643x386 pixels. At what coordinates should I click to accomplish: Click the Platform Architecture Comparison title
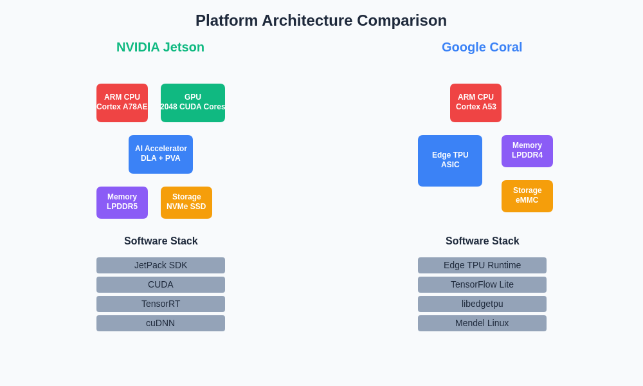click(321, 21)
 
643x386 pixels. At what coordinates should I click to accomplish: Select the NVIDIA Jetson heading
click(160, 47)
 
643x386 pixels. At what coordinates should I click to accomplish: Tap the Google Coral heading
click(482, 47)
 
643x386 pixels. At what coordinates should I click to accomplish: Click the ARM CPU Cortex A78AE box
click(122, 103)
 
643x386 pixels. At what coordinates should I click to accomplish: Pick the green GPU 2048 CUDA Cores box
click(193, 103)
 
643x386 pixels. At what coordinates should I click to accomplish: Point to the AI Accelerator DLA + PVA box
click(161, 154)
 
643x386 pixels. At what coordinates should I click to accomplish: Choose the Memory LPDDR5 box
click(122, 203)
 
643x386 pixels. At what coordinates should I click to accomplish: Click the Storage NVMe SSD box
click(186, 203)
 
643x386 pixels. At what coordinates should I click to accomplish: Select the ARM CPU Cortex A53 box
click(476, 103)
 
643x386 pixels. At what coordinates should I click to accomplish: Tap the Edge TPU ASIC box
click(450, 161)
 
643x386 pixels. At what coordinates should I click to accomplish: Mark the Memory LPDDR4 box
click(527, 151)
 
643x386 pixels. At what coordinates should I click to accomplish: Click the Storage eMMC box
click(527, 196)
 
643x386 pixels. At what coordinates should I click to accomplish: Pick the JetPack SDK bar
click(161, 265)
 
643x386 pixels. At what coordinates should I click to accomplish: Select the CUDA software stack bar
click(161, 284)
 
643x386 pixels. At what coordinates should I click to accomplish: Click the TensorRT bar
click(161, 304)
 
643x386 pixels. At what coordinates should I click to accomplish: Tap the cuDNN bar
click(161, 323)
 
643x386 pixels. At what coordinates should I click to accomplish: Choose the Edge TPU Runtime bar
click(482, 265)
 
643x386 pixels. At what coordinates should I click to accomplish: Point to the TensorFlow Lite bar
click(482, 284)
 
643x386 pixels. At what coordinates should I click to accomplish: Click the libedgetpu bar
click(482, 304)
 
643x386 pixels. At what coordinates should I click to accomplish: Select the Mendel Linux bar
click(482, 323)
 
